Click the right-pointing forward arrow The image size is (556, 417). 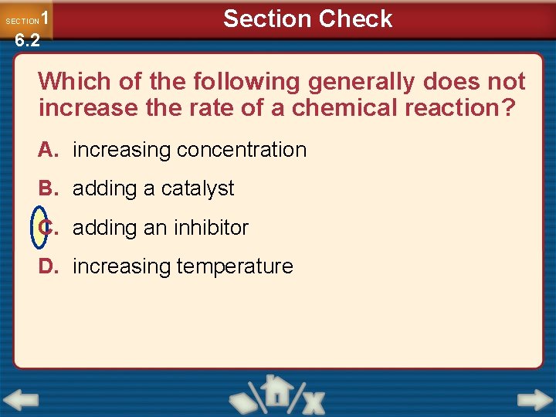coord(534,400)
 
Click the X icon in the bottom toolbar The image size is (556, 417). coord(313,401)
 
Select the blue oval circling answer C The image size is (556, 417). coord(39,228)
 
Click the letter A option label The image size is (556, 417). coord(48,150)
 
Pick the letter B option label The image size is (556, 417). coord(48,188)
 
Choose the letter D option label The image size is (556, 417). coord(48,266)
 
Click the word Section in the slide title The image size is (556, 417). coord(266,19)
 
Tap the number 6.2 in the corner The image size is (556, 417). coord(27,41)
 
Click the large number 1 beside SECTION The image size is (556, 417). coord(46,18)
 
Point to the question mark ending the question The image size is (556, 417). coord(507,108)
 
